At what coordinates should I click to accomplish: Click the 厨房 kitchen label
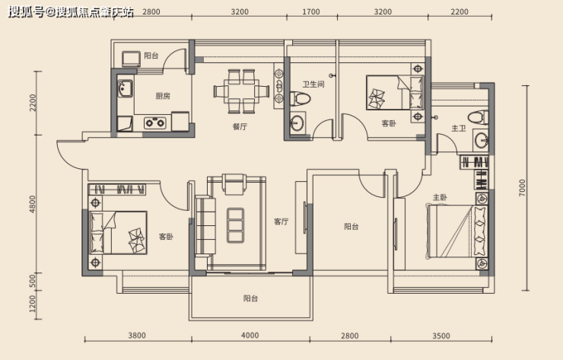click(163, 96)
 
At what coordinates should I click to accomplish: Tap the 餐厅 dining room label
click(240, 126)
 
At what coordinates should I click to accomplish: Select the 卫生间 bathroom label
click(313, 84)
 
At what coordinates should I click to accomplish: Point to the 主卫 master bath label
click(459, 129)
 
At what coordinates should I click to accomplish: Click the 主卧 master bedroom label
click(440, 197)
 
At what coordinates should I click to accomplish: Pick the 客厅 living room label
click(281, 221)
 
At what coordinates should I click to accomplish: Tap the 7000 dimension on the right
click(522, 187)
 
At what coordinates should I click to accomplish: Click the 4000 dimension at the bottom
click(250, 335)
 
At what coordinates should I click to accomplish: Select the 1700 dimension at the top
click(311, 12)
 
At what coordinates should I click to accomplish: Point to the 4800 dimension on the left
click(33, 204)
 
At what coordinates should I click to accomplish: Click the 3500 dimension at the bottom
click(441, 336)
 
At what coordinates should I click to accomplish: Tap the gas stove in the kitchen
click(155, 123)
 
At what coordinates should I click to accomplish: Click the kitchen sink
click(125, 88)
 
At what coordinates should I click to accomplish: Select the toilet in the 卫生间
click(300, 98)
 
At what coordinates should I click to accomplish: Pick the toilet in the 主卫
click(478, 117)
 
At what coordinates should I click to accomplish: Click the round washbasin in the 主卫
click(481, 141)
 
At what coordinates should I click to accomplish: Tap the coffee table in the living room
click(236, 225)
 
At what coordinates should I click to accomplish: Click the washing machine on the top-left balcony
click(131, 59)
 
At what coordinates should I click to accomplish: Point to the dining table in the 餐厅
click(241, 91)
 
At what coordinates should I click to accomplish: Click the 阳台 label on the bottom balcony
click(250, 298)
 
